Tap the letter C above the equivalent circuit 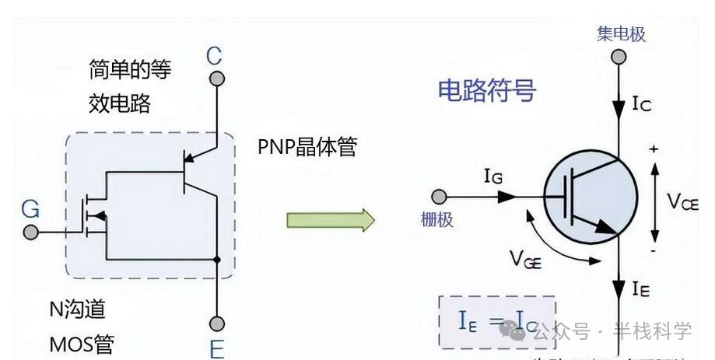(x=214, y=56)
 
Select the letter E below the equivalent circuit (x=217, y=348)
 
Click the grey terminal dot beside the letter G (x=30, y=232)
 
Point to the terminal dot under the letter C (x=217, y=79)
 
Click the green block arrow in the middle (x=330, y=220)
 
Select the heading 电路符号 (x=487, y=91)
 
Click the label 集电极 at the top (x=621, y=34)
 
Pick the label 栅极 (x=436, y=220)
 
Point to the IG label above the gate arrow (x=492, y=179)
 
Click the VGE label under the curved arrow (x=526, y=258)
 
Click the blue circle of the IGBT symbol (x=588, y=197)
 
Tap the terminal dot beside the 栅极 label (x=440, y=196)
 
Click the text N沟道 (x=77, y=309)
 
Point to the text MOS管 (x=82, y=342)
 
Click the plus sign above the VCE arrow (x=653, y=149)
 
